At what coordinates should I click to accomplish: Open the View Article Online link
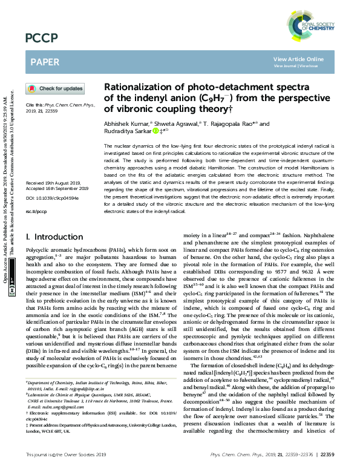298,59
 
